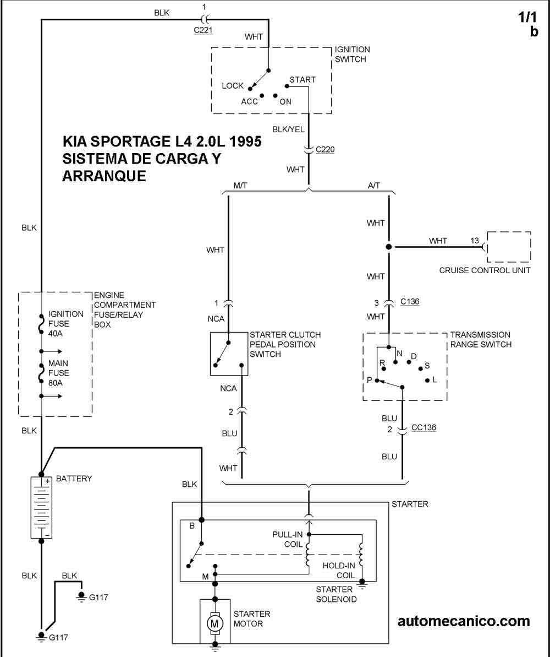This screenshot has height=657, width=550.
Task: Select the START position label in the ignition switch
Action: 302,80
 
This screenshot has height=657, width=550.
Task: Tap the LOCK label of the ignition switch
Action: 233,86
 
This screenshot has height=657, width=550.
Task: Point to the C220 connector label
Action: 325,149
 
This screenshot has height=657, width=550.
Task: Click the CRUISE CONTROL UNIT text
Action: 485,270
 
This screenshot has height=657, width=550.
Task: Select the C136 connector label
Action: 410,302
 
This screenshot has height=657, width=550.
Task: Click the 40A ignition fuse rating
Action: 56,333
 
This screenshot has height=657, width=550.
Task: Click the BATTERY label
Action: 74,479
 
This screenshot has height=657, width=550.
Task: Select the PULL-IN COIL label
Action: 287,540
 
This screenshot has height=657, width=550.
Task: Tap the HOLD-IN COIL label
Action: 338,571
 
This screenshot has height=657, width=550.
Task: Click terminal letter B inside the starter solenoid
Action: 192,526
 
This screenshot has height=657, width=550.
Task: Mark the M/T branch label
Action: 240,186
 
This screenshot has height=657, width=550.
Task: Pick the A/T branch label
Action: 373,186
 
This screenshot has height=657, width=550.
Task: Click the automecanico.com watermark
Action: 464,621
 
